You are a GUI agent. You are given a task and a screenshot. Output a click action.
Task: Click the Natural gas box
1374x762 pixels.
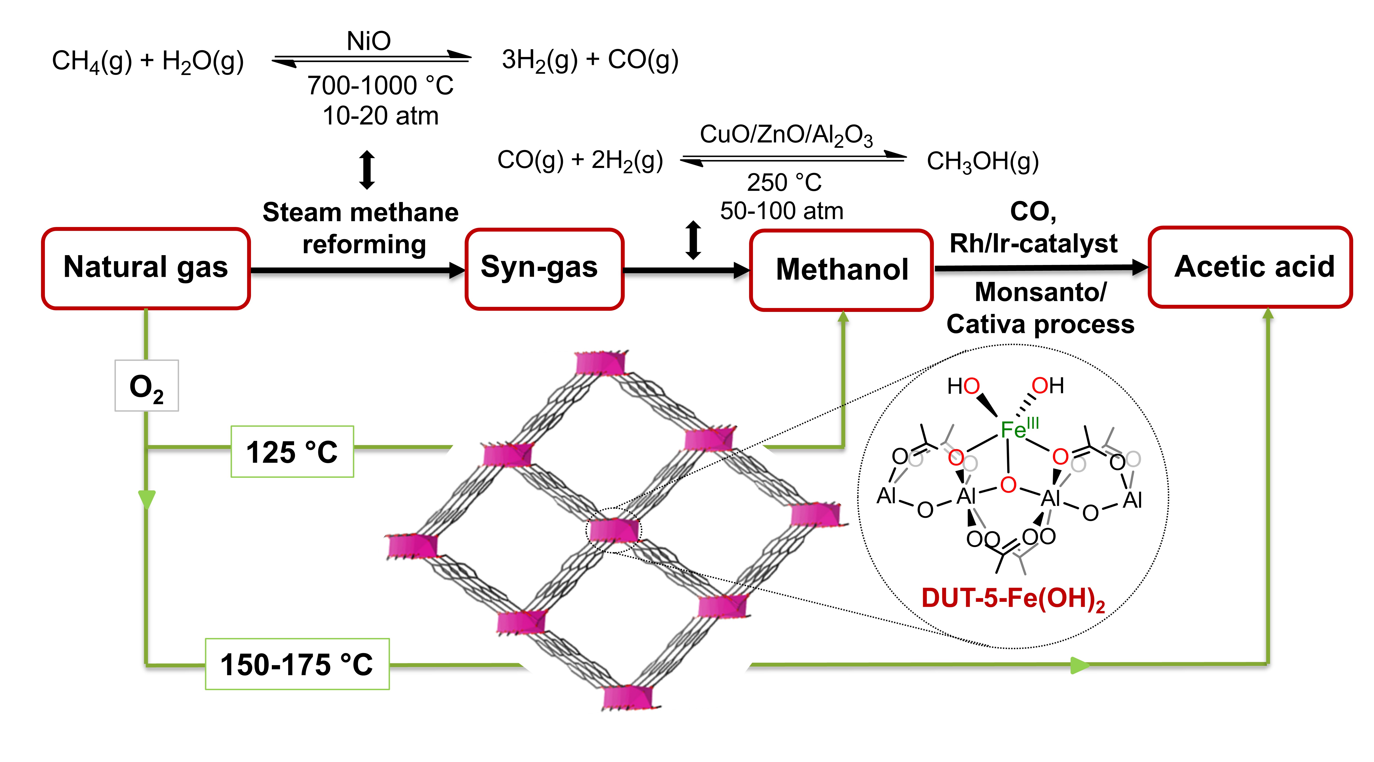pyautogui.click(x=146, y=268)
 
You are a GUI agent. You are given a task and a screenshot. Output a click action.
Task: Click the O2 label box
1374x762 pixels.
pyautogui.click(x=147, y=386)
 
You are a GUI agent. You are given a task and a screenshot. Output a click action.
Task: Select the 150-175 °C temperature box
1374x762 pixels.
pyautogui.click(x=297, y=664)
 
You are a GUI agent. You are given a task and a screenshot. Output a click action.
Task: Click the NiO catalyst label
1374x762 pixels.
pyautogui.click(x=368, y=41)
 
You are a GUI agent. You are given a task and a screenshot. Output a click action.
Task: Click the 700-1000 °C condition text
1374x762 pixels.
pyautogui.click(x=380, y=85)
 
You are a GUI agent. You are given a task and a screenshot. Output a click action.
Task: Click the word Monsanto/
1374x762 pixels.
pyautogui.click(x=1040, y=292)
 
